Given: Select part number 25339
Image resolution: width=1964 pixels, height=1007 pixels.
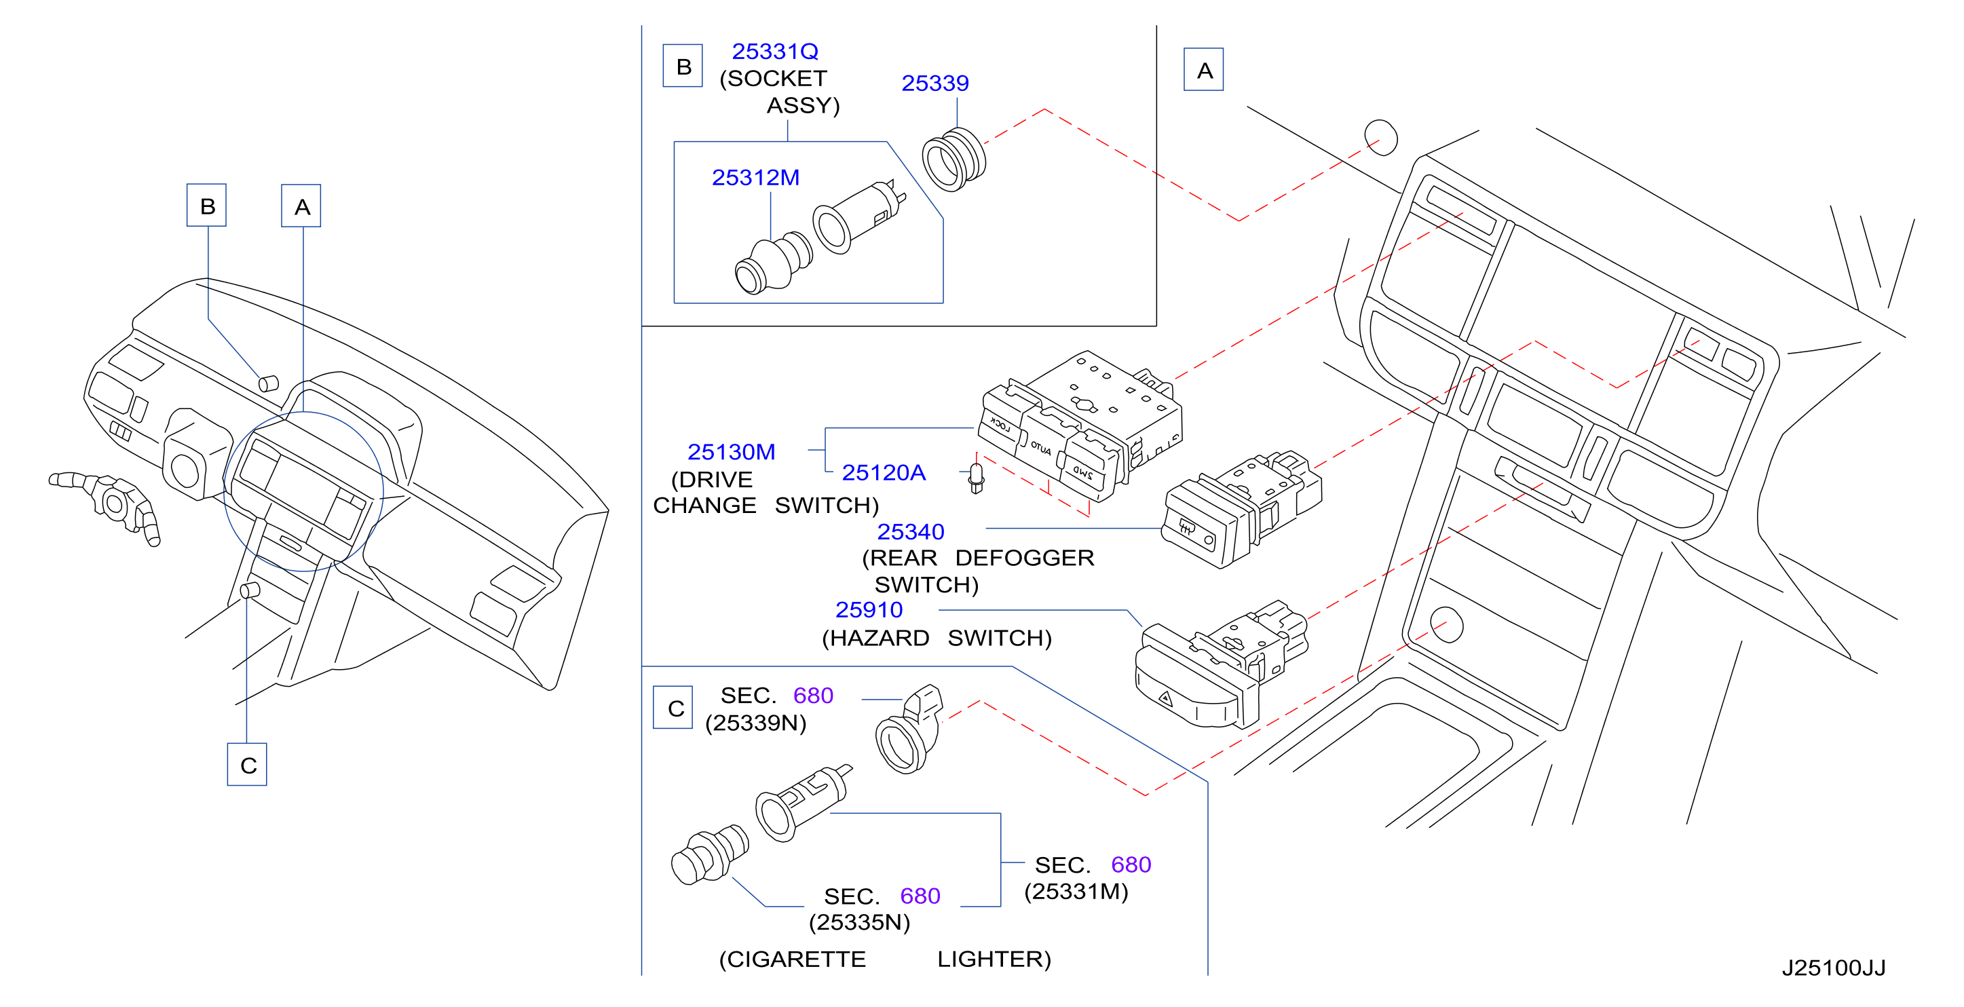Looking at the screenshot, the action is [934, 83].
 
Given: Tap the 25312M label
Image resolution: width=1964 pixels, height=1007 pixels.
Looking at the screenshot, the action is [755, 178].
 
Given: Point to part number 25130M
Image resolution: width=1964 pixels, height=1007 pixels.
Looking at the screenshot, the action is [731, 452].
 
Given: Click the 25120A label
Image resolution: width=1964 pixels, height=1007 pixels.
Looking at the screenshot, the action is [884, 473].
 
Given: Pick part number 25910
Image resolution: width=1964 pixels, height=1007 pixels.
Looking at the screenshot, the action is [869, 610].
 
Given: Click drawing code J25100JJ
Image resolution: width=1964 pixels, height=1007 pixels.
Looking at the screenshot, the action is [1834, 968].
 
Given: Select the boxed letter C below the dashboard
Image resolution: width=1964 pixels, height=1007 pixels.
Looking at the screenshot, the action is [247, 764].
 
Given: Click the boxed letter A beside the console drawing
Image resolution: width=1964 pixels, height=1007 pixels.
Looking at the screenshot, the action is [1203, 69].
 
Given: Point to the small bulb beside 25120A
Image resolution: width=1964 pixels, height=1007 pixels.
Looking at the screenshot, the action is [976, 478].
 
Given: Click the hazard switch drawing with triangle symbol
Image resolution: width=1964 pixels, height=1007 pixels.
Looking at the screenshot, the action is [1220, 663].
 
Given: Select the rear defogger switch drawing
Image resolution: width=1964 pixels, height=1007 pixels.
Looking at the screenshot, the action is [1241, 508].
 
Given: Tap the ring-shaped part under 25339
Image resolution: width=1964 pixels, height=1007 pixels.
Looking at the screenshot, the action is [953, 159].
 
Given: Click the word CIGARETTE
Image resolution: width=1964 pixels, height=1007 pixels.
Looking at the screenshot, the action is [792, 959].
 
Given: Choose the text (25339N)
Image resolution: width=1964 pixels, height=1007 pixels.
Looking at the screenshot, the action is [755, 723].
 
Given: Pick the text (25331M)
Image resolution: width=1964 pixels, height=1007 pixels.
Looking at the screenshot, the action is [1076, 891].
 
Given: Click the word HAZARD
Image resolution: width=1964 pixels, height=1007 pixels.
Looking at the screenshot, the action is [875, 637].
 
